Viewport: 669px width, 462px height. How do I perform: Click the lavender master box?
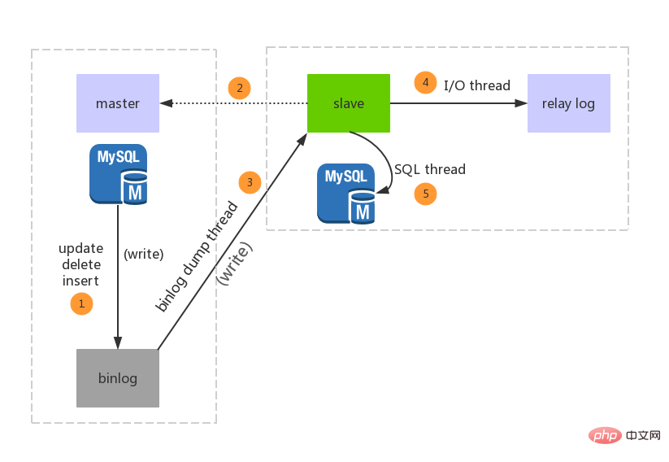point(118,103)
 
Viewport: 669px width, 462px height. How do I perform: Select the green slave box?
point(349,103)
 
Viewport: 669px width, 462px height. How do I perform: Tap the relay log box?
point(568,103)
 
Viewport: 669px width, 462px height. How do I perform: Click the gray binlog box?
point(118,378)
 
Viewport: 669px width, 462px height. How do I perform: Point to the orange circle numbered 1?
point(81,304)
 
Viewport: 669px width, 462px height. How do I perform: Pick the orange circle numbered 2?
point(239,88)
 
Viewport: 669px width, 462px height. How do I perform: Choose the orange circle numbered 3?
point(250,182)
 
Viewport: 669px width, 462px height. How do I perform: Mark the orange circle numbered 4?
point(424,82)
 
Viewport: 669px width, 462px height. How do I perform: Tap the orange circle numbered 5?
point(425,194)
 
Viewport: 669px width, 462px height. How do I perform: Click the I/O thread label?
point(477,85)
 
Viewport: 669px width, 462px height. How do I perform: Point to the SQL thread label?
point(430,170)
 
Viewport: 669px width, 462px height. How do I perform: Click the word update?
point(80,248)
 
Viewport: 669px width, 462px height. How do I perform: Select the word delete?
point(80,264)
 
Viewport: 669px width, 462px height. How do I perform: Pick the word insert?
point(80,281)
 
